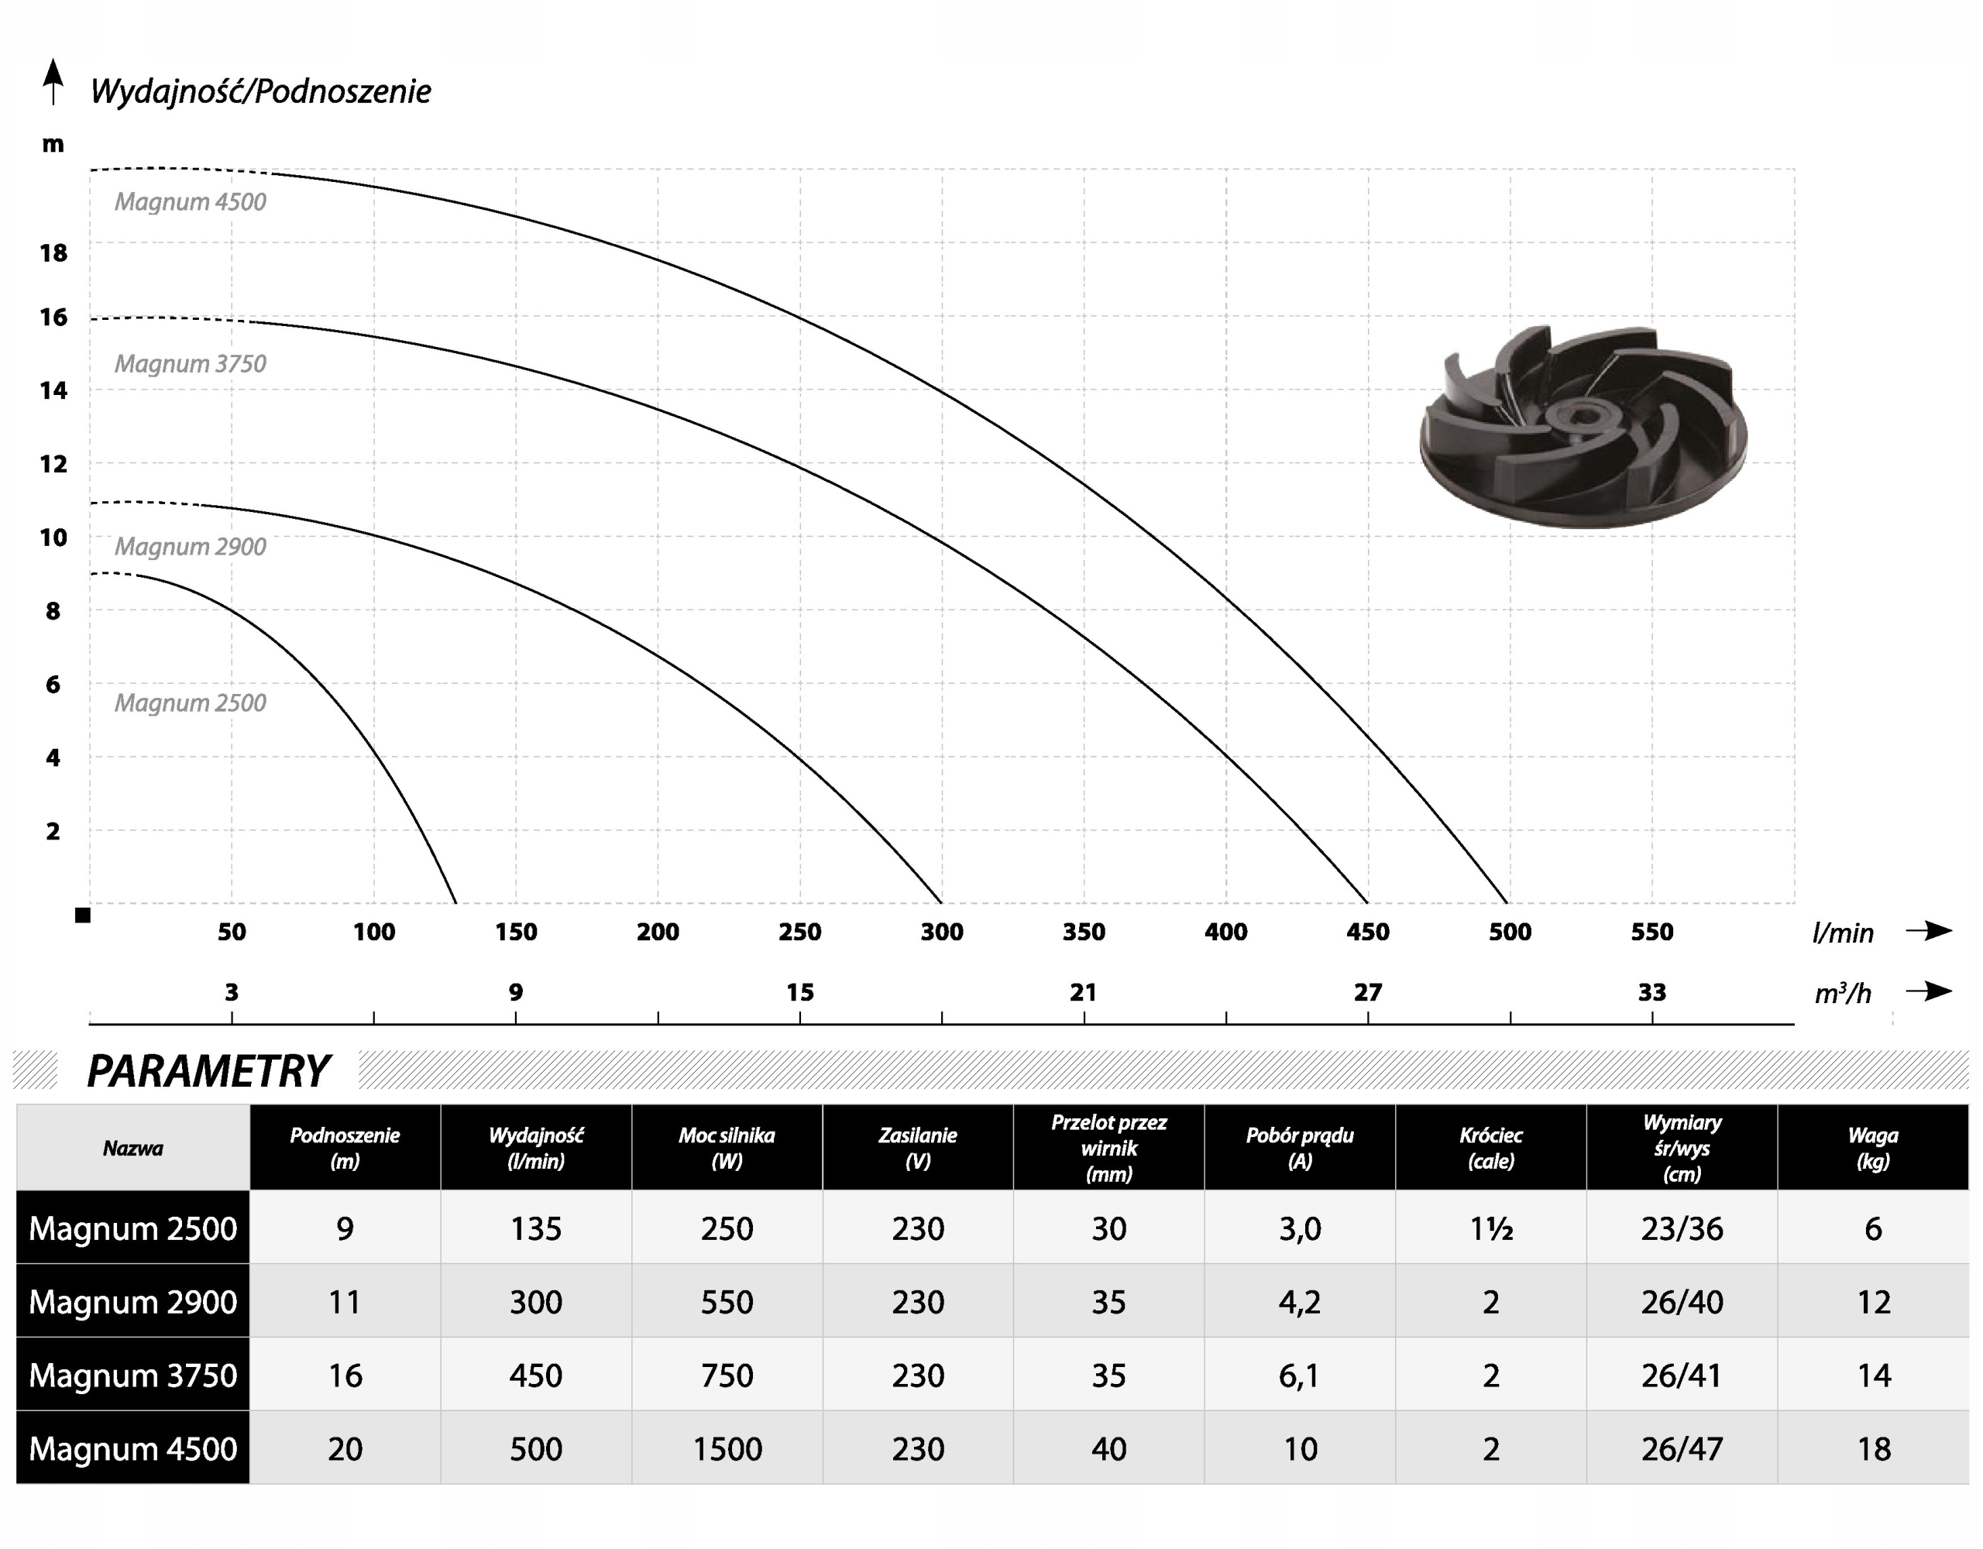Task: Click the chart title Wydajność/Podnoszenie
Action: coord(260,91)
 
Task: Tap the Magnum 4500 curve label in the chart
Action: coord(191,201)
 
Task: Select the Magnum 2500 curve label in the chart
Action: coord(191,702)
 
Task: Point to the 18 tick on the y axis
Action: coord(53,252)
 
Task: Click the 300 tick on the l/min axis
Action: coord(942,932)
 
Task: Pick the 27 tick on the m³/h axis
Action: coord(1367,992)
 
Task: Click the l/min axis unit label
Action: coord(1842,932)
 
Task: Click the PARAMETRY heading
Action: coord(208,1070)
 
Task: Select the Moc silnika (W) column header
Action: coord(727,1148)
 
